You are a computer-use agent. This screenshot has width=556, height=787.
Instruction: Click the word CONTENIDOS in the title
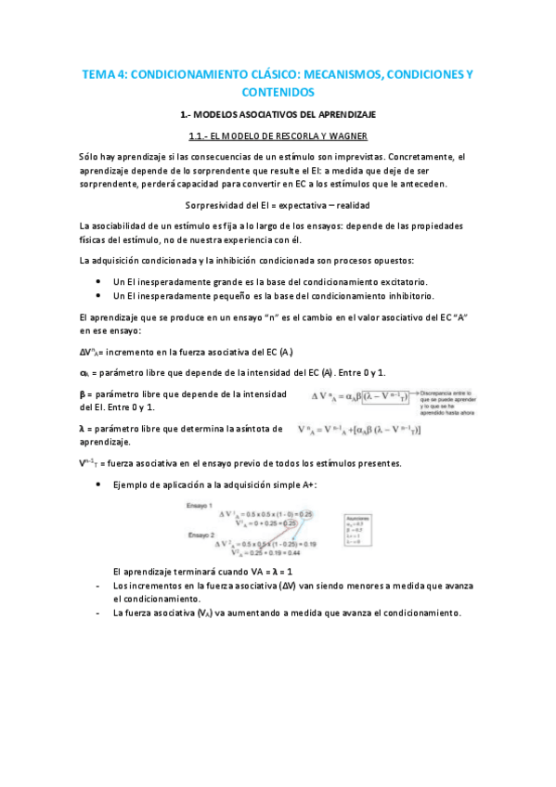click(278, 92)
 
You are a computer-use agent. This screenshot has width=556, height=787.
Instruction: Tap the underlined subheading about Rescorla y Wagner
click(278, 136)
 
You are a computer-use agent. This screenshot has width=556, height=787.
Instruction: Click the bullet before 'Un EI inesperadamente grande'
click(98, 281)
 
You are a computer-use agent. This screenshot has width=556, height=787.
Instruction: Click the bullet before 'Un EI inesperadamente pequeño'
click(98, 296)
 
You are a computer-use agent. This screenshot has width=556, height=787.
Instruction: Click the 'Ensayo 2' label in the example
click(200, 535)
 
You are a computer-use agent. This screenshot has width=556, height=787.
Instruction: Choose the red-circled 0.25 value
click(290, 523)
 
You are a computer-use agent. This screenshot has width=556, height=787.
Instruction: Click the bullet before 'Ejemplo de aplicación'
click(98, 484)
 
